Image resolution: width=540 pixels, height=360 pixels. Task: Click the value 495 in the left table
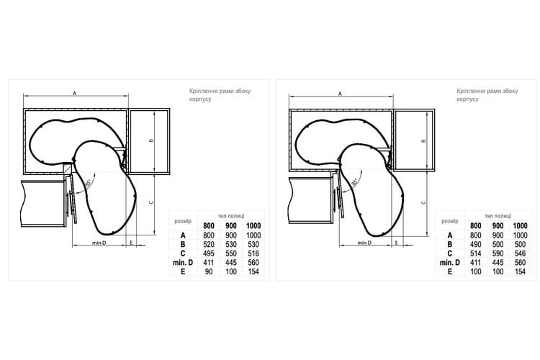pos(209,253)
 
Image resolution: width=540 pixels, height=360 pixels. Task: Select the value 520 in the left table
pos(209,245)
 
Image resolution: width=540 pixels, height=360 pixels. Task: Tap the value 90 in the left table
pos(209,272)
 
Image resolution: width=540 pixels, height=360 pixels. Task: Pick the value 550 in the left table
pos(231,253)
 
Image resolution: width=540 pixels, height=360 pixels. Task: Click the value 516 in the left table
pos(253,253)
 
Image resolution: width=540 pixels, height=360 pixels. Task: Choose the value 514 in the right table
pos(476,253)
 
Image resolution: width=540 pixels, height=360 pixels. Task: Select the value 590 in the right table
pos(498,253)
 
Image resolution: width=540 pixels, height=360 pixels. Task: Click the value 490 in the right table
pos(476,245)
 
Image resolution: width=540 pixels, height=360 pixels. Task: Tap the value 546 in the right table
pos(521,253)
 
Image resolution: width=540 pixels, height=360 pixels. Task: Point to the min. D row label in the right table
pos(450,263)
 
